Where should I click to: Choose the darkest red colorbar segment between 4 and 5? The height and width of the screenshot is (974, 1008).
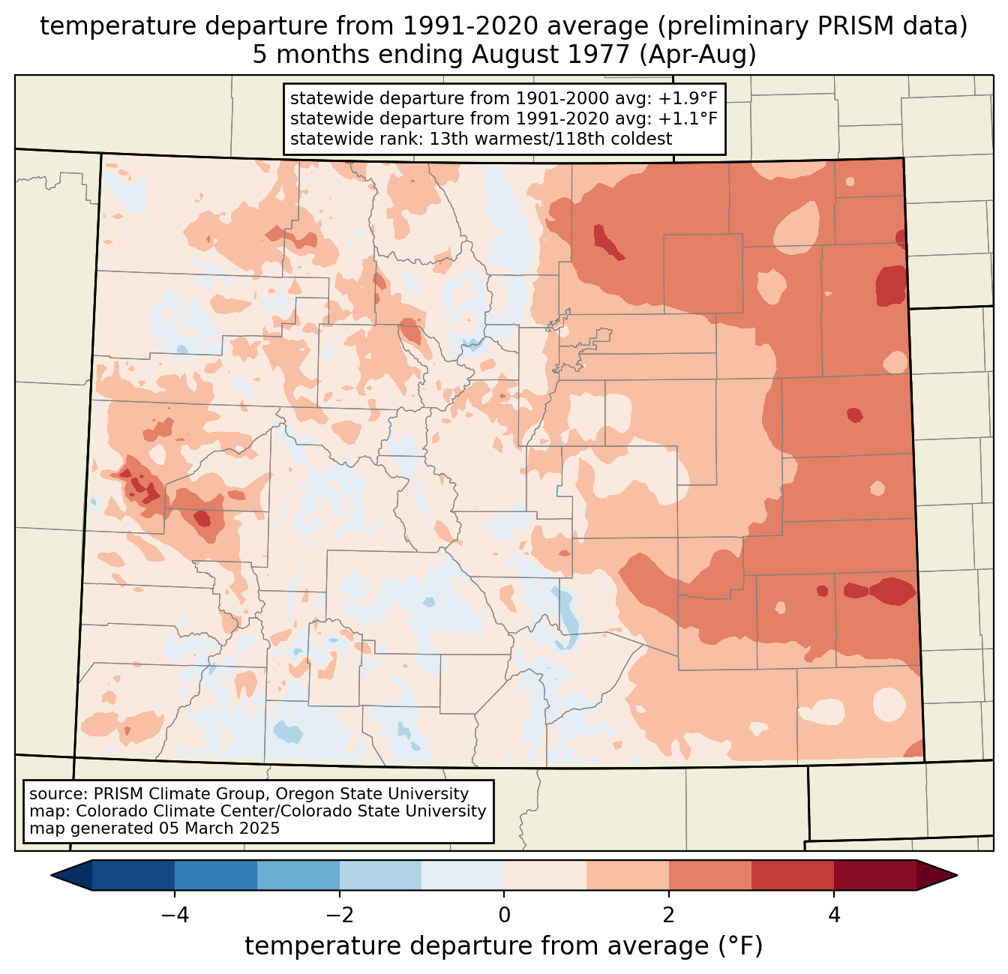(x=874, y=875)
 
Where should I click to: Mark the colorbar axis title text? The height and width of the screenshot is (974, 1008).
(x=503, y=946)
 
